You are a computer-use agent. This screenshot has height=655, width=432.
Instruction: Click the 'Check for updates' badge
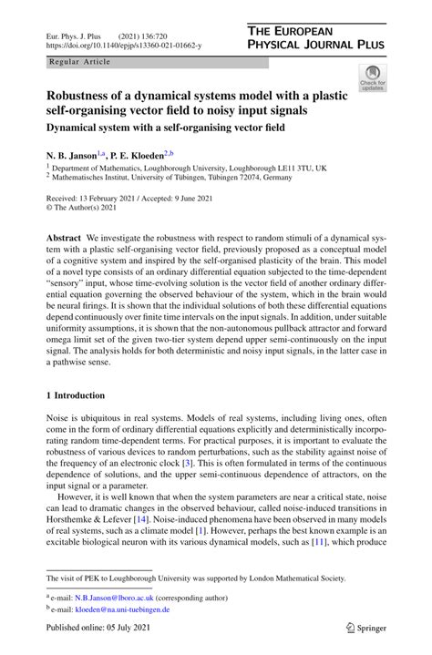coord(372,77)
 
